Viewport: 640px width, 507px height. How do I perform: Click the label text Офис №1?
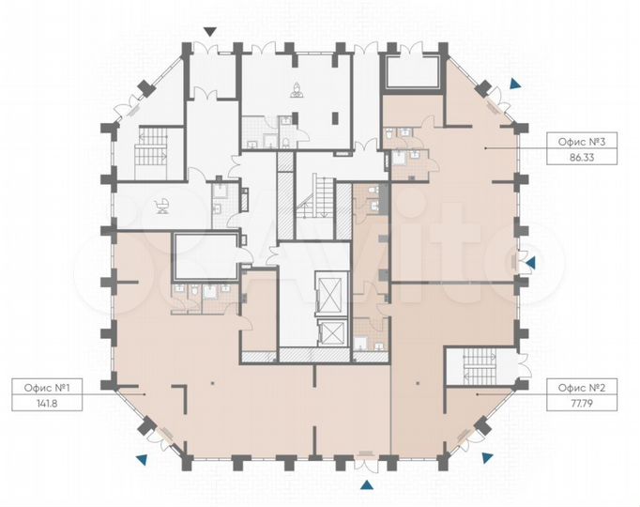coord(47,387)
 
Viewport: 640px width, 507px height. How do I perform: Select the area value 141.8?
coord(47,404)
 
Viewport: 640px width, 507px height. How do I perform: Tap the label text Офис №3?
coord(582,142)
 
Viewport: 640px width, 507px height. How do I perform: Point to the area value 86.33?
coord(582,158)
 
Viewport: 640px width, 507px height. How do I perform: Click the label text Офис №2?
coord(582,388)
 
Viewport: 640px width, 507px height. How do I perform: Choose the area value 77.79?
coord(582,404)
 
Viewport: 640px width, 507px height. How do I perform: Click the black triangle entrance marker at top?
coord(210,32)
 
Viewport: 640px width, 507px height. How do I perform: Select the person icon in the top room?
coord(297,90)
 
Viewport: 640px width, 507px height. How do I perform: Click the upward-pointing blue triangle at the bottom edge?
coord(367,484)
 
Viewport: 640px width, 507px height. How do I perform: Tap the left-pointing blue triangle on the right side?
coord(530,263)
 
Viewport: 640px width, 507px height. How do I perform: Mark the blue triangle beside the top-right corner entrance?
coord(516,84)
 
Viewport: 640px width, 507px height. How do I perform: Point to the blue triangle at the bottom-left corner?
coord(142,459)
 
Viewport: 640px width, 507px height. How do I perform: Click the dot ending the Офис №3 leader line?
coord(485,148)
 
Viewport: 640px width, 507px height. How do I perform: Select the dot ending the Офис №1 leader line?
coord(145,394)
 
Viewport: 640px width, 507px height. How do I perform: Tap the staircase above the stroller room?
coord(152,153)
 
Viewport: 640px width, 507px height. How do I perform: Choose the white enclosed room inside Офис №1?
coord(206,256)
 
